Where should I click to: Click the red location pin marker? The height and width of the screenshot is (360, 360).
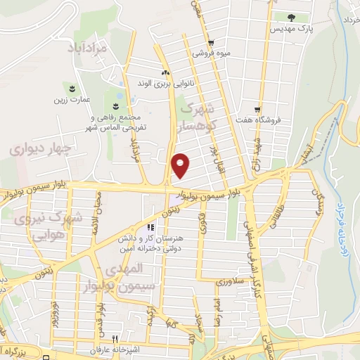pos(181,165)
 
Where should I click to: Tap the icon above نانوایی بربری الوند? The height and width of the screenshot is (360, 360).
pos(166,72)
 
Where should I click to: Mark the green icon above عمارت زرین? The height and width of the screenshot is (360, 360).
pos(73,87)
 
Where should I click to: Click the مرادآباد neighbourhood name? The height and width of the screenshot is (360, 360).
pos(92,49)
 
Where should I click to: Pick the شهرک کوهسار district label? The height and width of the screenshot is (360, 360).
pos(200,117)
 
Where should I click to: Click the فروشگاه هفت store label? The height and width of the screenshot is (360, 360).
pos(259,120)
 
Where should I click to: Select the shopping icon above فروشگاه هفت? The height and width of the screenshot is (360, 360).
pos(259,109)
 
